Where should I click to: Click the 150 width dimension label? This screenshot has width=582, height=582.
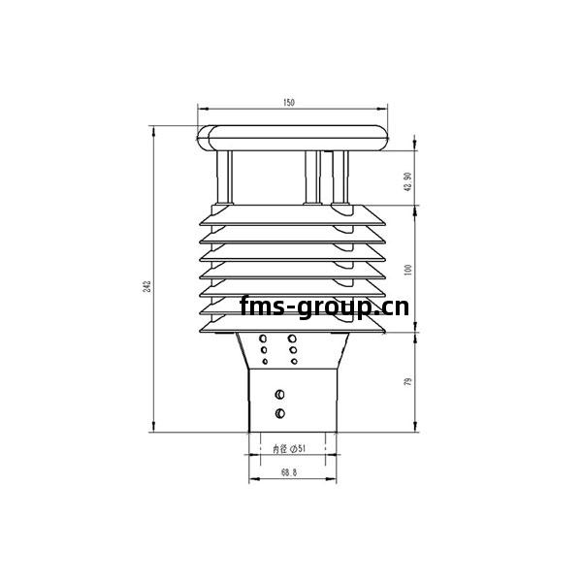point(289,103)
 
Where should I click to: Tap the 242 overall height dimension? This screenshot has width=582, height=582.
point(147,286)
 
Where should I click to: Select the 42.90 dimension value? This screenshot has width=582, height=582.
point(407,181)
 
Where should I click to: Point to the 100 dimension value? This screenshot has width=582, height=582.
point(408,270)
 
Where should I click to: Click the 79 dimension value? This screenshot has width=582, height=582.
point(408,381)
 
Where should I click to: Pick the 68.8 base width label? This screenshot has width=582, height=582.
point(289,472)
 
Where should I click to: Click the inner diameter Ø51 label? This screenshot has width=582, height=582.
point(289,449)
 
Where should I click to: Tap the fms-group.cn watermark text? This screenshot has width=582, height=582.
point(324,307)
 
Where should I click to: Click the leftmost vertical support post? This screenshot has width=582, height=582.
point(224,178)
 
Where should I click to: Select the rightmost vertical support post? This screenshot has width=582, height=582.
point(340,178)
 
